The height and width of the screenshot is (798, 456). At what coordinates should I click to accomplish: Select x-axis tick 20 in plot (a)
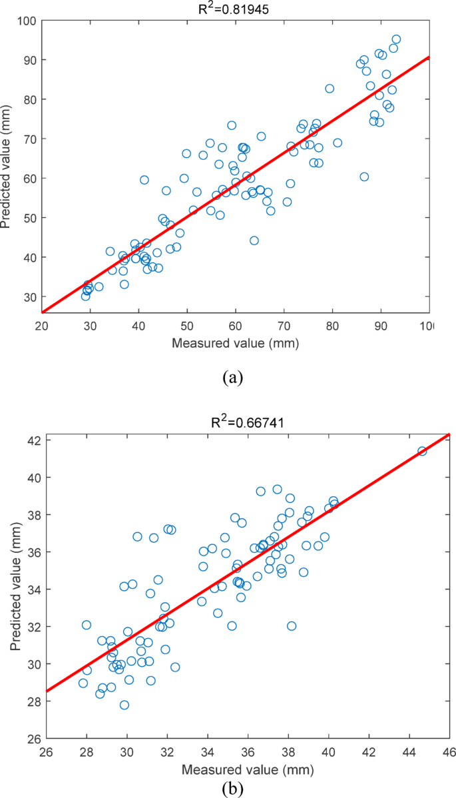coord(42,327)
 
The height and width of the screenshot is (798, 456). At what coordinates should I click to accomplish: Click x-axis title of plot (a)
coord(235,344)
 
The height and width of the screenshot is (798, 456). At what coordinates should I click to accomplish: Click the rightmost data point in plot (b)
coord(422,451)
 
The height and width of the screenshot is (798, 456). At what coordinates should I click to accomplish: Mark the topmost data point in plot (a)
coord(396,39)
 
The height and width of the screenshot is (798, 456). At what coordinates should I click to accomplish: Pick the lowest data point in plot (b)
coord(124,705)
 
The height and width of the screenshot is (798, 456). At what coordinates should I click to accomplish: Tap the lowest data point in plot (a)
coord(86,296)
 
